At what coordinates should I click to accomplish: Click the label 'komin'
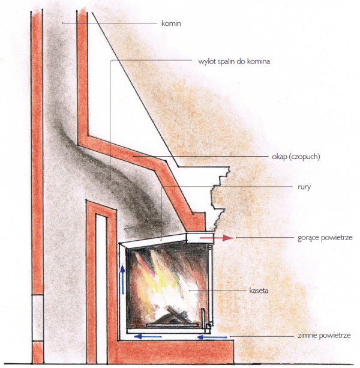[171, 23]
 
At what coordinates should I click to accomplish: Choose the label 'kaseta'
[259, 290]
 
